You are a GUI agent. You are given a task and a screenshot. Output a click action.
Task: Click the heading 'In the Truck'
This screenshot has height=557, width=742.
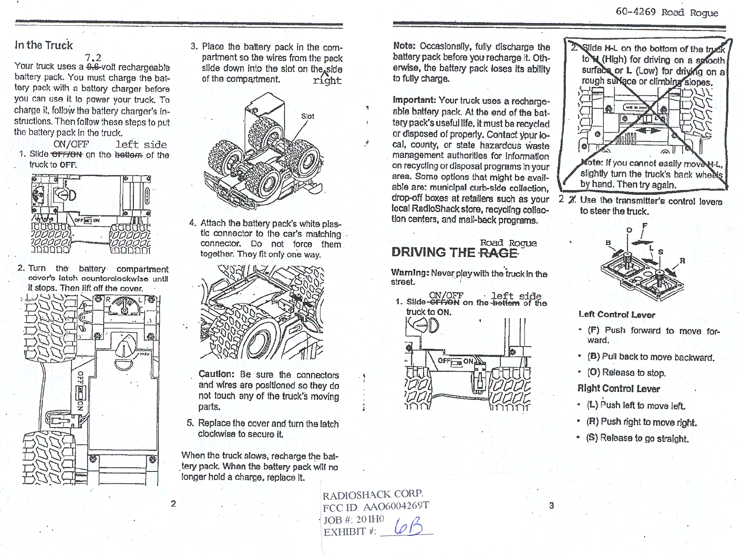(44, 45)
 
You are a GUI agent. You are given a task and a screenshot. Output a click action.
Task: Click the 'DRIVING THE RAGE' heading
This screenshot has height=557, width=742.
(454, 253)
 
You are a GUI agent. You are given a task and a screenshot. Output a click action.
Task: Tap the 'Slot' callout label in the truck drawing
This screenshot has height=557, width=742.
(307, 116)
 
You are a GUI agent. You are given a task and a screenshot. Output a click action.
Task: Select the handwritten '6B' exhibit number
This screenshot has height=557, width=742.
(408, 525)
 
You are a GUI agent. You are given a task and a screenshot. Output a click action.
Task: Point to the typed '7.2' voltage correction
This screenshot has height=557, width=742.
(93, 58)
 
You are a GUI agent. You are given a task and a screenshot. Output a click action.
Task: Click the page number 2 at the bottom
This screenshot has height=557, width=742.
(173, 503)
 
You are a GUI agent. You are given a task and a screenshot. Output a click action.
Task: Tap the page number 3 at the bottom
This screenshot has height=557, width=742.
(551, 506)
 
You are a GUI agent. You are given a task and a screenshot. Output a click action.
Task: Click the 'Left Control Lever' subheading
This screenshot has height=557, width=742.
(616, 315)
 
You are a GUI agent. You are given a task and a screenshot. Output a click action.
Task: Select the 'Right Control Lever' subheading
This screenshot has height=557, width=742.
(619, 389)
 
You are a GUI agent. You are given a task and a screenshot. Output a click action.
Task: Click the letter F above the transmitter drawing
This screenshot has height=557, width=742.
(644, 226)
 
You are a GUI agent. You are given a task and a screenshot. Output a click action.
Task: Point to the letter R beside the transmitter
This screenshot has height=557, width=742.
(682, 261)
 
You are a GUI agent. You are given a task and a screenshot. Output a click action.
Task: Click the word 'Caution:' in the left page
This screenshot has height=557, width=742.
(216, 374)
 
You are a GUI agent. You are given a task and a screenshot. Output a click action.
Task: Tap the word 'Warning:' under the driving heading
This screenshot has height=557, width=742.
(409, 273)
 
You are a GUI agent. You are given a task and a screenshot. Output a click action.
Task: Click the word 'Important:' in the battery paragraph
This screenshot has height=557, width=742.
(414, 100)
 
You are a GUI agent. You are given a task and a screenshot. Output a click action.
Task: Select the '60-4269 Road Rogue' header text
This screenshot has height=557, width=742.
(666, 12)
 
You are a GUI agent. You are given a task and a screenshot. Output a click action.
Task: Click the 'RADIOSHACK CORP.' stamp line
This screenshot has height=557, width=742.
(372, 494)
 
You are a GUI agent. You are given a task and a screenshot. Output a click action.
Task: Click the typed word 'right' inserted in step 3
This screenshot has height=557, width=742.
(327, 80)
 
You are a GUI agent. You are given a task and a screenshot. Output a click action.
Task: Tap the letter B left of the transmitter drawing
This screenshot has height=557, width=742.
(609, 243)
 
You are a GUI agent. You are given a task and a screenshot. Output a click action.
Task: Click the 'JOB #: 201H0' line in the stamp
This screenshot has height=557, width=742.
(353, 519)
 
